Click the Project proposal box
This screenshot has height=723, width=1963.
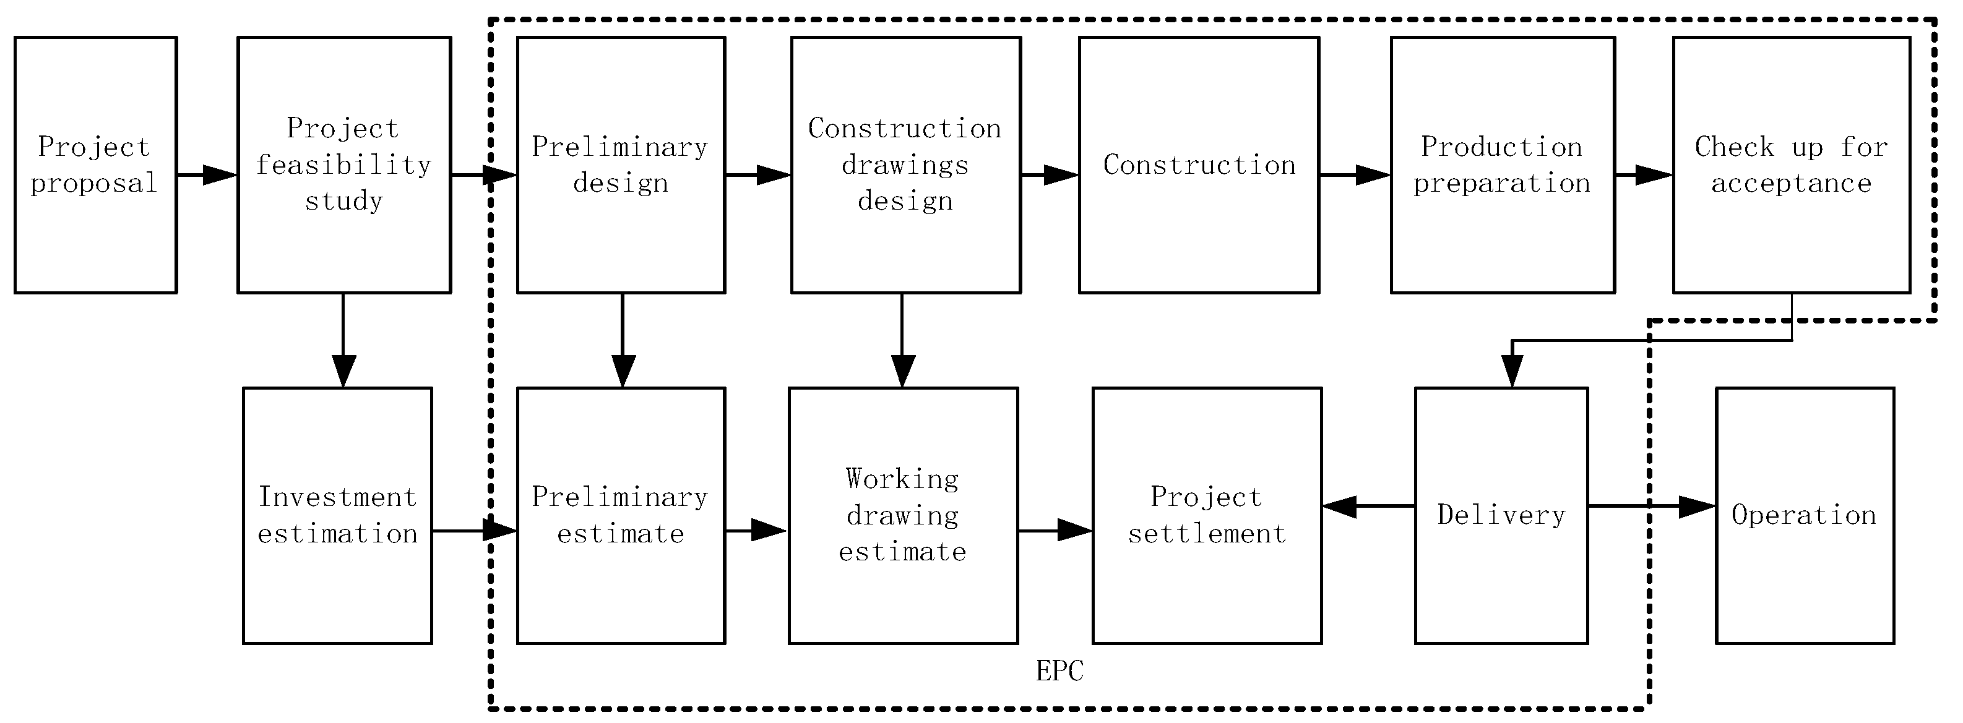tap(96, 165)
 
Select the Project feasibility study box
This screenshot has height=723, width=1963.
tap(343, 165)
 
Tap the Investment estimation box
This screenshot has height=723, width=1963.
tap(337, 516)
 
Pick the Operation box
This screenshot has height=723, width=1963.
tap(1805, 516)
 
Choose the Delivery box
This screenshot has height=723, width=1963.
tap(1501, 516)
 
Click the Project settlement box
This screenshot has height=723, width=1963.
tap(1206, 516)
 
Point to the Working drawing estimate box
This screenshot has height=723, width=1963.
tap(903, 516)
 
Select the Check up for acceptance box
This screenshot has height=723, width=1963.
tap(1791, 165)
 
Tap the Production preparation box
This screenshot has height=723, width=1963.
tap(1502, 165)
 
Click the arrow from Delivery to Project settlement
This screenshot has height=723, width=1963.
tap(1368, 506)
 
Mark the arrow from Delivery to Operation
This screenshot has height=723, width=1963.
tap(1650, 506)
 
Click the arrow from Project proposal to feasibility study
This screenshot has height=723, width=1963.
tap(207, 175)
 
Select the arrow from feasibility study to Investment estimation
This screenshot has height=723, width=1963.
tap(343, 340)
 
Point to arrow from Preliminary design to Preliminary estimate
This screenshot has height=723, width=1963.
tap(623, 340)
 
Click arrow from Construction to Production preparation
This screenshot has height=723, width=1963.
tap(1354, 175)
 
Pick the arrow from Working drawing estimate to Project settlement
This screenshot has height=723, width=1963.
tap(1055, 530)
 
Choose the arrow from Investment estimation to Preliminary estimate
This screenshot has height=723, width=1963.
tap(474, 530)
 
